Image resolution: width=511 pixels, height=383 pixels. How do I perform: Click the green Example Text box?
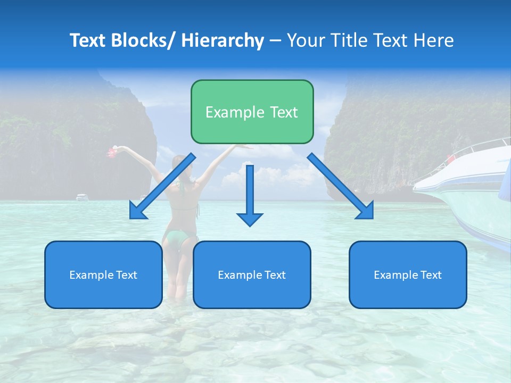[x=252, y=112]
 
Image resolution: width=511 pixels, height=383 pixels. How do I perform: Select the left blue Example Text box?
[x=103, y=274]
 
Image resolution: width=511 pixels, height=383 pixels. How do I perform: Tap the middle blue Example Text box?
[x=252, y=274]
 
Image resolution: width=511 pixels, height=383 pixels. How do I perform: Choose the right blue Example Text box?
[x=408, y=274]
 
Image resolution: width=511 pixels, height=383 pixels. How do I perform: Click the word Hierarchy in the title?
[x=222, y=40]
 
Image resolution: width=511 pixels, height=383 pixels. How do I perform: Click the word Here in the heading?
[x=434, y=40]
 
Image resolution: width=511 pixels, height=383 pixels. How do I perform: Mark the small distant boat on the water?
[x=82, y=197]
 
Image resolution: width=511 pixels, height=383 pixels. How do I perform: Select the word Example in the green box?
[x=227, y=112]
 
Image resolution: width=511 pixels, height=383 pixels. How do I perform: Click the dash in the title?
[x=275, y=40]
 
